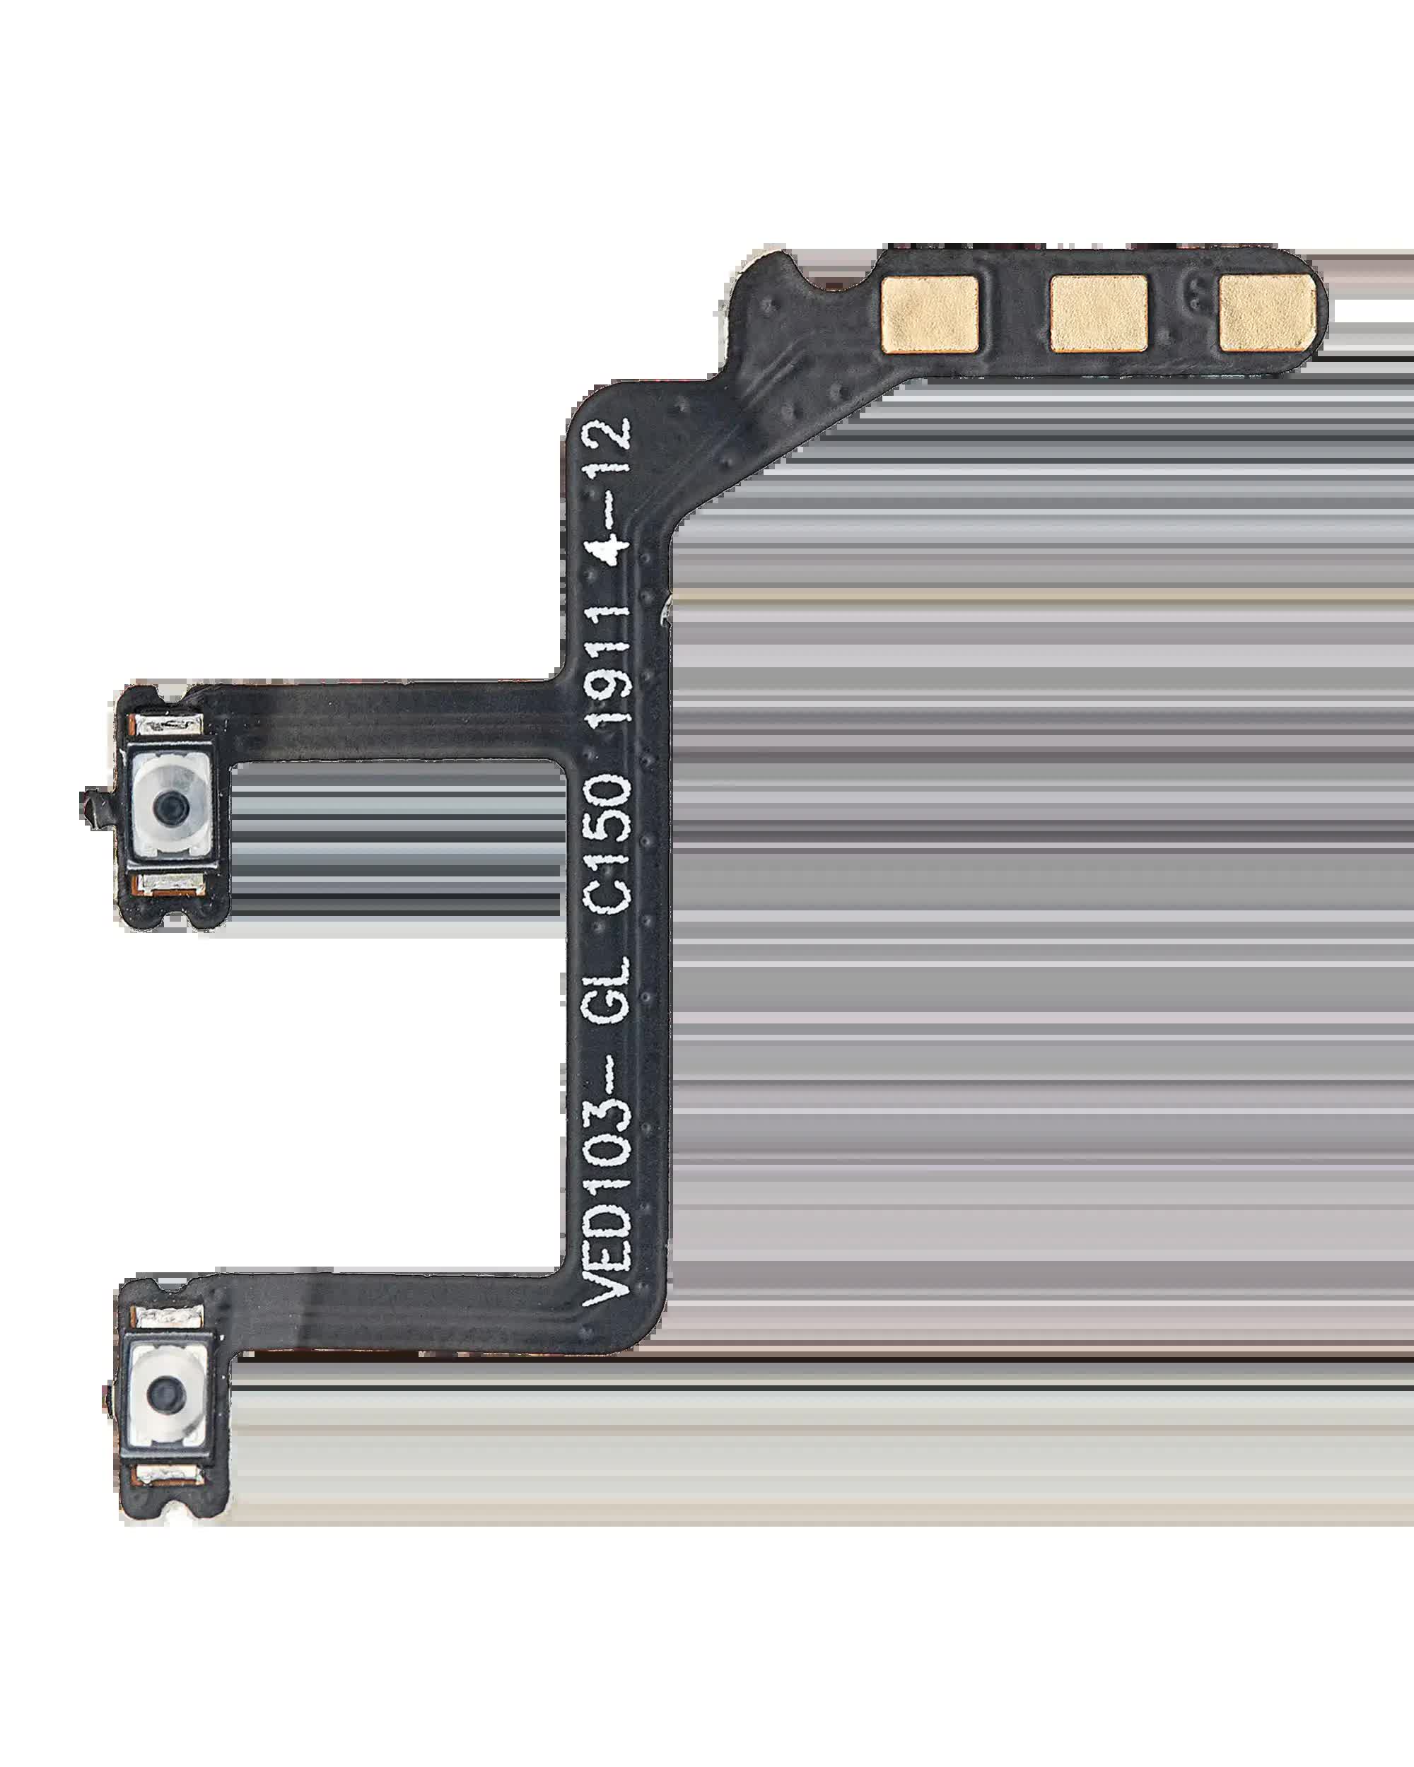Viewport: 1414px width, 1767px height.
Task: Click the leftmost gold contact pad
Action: (930, 314)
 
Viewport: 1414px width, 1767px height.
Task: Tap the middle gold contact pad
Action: (1099, 314)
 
